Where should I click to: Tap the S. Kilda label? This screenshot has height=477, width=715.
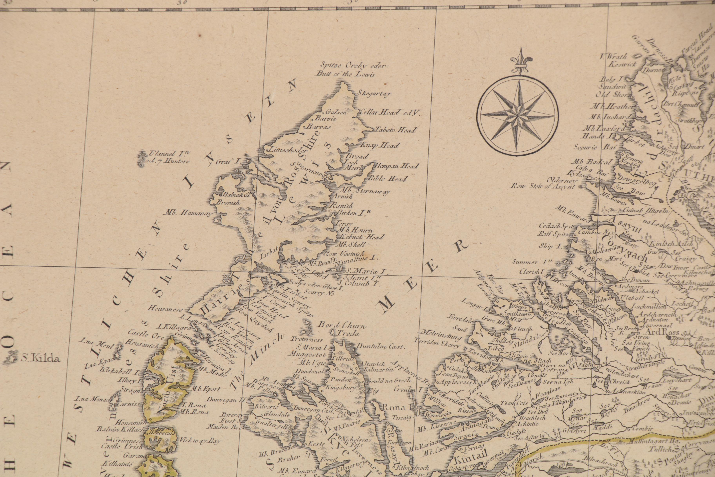tap(41, 359)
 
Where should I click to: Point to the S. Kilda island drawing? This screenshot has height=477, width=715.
tap(11, 357)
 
